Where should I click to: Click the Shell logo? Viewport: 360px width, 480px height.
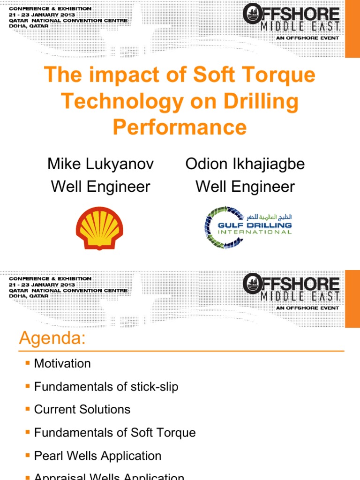[99, 228]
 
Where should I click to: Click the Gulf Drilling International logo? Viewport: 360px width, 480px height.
[248, 227]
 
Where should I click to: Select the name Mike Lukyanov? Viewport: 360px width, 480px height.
[100, 164]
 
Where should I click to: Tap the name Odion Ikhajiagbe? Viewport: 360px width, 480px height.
[245, 164]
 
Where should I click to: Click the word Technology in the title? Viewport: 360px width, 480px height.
[129, 102]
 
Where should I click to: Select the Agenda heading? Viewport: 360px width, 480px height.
[52, 338]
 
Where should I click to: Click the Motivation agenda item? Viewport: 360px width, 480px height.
[62, 363]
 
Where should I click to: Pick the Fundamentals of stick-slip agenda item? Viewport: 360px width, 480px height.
[106, 387]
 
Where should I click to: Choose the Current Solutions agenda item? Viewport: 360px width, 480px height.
[82, 409]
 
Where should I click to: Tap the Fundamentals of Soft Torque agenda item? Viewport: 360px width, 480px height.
[115, 432]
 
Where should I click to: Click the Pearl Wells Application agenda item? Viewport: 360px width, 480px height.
[97, 456]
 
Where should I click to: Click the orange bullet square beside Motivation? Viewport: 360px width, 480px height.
[28, 363]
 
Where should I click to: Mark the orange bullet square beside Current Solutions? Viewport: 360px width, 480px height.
[28, 409]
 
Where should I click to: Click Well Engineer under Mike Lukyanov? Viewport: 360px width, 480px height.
[100, 187]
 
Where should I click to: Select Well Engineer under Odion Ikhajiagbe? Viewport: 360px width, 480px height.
[245, 187]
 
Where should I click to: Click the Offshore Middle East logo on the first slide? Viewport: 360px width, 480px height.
[291, 21]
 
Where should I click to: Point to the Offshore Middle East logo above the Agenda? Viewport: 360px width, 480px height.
[291, 290]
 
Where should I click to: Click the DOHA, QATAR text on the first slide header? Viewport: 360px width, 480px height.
[28, 26]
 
